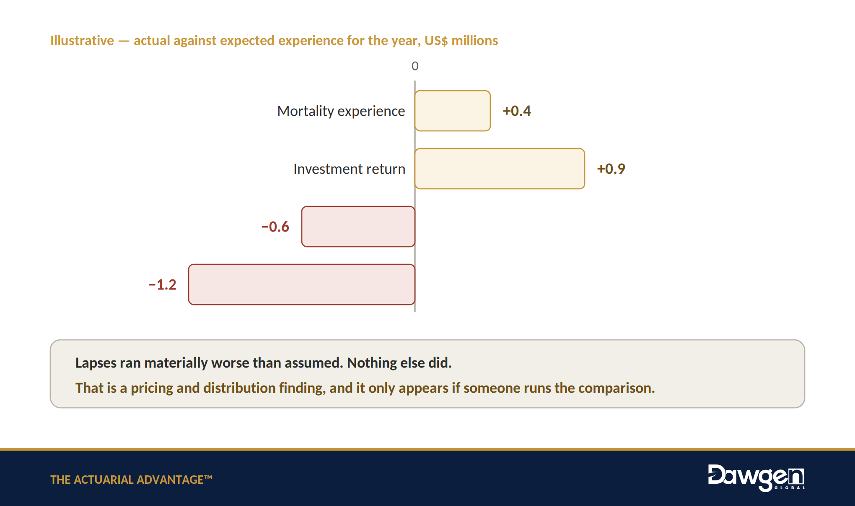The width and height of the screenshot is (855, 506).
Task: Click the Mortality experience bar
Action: (x=453, y=111)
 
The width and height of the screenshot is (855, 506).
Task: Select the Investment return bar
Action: (x=500, y=169)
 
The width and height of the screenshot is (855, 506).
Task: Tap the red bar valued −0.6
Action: (x=358, y=227)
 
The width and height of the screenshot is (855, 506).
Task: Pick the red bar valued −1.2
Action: (x=302, y=284)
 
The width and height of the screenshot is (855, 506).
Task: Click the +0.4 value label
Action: (x=517, y=111)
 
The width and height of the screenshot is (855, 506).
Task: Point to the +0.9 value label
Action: (x=611, y=169)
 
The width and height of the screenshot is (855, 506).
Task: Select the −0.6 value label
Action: (x=275, y=227)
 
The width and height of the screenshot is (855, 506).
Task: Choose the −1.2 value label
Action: (x=163, y=284)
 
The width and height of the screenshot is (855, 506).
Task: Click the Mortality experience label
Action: (x=341, y=111)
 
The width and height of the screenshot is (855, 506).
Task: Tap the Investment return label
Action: (x=350, y=169)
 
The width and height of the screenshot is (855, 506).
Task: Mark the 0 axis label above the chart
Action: (x=415, y=66)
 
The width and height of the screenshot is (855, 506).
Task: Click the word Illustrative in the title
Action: (x=82, y=40)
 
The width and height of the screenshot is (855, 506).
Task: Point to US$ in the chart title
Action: (x=436, y=40)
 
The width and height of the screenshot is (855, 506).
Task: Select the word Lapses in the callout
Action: (x=96, y=363)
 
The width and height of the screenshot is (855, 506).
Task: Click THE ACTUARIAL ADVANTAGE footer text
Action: (x=131, y=480)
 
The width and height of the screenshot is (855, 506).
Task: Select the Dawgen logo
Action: (x=757, y=477)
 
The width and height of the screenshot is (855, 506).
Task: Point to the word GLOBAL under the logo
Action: (x=790, y=488)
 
